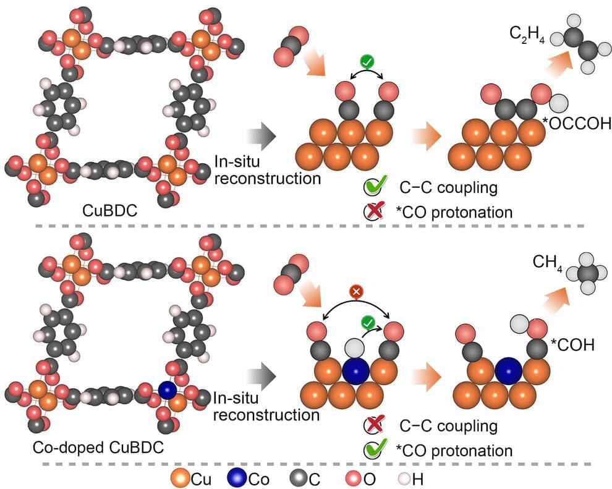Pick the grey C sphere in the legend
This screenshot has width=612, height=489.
[x=297, y=477]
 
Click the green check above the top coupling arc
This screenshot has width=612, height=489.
[x=367, y=62]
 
